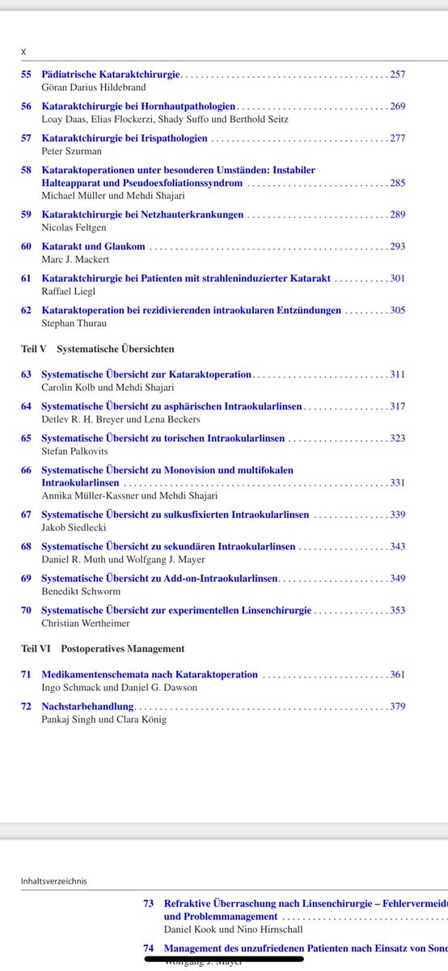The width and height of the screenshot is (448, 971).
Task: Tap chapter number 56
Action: pos(26,106)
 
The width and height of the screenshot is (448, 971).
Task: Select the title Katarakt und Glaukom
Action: pos(93,246)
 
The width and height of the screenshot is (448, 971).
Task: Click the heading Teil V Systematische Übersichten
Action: pos(97,349)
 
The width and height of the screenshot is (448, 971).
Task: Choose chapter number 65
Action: pos(26,439)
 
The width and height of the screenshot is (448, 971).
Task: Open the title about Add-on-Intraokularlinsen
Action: pos(159,579)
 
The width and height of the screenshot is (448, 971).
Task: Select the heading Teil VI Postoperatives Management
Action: pos(102,648)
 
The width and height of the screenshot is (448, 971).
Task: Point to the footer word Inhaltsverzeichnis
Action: pos(53,881)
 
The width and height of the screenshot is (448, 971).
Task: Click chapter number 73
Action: pos(149,903)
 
